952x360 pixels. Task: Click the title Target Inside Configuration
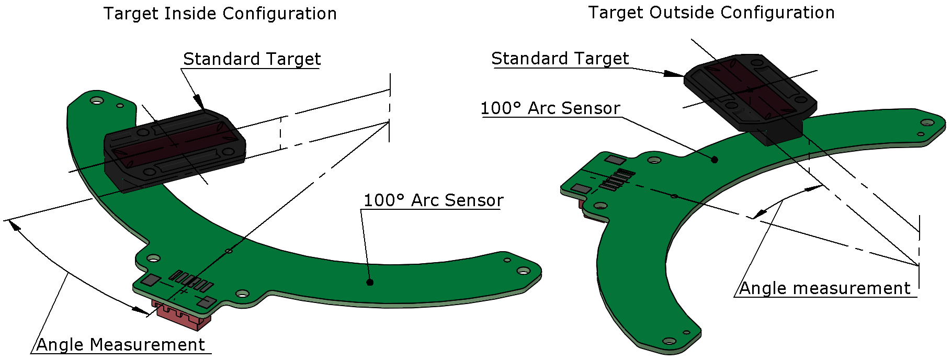220,14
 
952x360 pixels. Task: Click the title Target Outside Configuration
711,13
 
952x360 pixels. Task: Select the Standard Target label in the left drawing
252,59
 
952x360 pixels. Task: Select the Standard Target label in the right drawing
560,59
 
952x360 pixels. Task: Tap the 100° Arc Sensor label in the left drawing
433,200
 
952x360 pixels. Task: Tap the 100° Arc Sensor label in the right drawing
550,108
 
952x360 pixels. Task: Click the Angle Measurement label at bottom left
120,345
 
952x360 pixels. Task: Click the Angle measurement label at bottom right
824,288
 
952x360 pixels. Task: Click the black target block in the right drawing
751,94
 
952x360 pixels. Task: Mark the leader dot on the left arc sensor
370,283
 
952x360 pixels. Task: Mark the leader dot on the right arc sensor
715,160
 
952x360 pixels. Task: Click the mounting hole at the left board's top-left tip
97,100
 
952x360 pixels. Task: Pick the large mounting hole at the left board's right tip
523,271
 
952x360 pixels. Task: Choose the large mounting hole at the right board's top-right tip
927,123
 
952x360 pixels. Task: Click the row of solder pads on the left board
191,281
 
